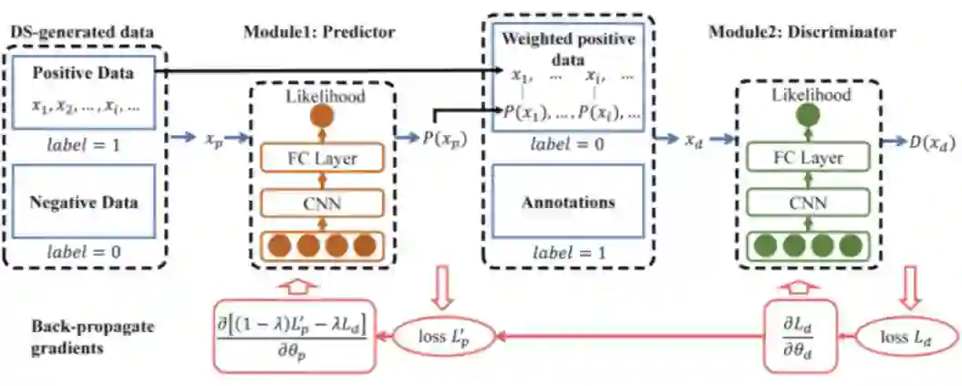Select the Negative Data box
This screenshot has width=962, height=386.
click(85, 202)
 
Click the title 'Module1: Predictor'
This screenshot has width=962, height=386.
click(318, 32)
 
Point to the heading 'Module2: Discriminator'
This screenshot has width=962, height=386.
click(802, 32)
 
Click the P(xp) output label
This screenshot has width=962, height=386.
click(440, 139)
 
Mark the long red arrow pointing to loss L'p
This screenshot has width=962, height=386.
click(629, 336)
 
